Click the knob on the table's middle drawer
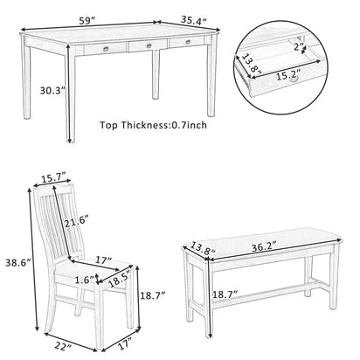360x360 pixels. (148, 45)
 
